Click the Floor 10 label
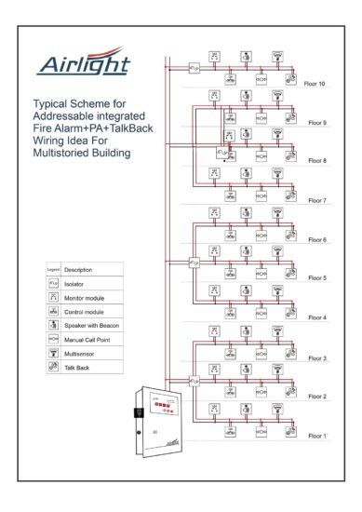click(x=316, y=84)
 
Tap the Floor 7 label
click(x=318, y=200)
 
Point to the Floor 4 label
click(x=318, y=317)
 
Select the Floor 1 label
click(x=318, y=435)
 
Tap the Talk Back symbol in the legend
click(x=53, y=369)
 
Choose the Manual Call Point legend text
click(x=89, y=340)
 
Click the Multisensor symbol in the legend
click(x=53, y=354)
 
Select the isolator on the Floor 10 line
click(x=194, y=67)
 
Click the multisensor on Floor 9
click(x=277, y=95)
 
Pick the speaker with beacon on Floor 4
click(x=246, y=290)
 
